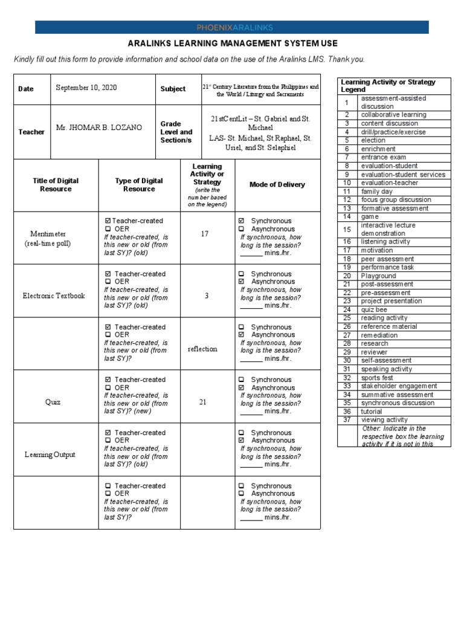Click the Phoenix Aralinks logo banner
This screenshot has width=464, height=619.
click(x=232, y=27)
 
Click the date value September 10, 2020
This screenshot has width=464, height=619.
click(x=86, y=88)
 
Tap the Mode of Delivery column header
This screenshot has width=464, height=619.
click(x=277, y=185)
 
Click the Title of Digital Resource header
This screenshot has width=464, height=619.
click(x=56, y=185)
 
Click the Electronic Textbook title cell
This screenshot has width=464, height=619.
click(x=54, y=296)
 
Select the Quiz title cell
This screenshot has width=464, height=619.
click(x=53, y=401)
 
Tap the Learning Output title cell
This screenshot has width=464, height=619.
click(x=50, y=455)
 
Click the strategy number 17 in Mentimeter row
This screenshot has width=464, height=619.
click(x=204, y=233)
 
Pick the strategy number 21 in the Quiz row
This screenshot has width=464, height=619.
click(x=203, y=401)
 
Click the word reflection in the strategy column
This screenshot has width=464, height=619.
click(x=202, y=349)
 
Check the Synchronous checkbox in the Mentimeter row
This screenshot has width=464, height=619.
click(x=242, y=221)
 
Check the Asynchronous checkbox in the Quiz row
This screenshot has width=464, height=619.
click(x=242, y=387)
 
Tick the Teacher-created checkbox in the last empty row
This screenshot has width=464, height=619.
click(x=108, y=486)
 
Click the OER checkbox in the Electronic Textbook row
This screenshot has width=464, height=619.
click(x=108, y=282)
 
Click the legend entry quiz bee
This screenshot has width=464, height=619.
click(x=375, y=309)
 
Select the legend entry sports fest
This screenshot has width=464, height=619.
click(x=377, y=378)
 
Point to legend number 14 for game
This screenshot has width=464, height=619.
click(x=347, y=216)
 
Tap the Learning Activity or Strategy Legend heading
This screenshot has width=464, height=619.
click(x=388, y=85)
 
